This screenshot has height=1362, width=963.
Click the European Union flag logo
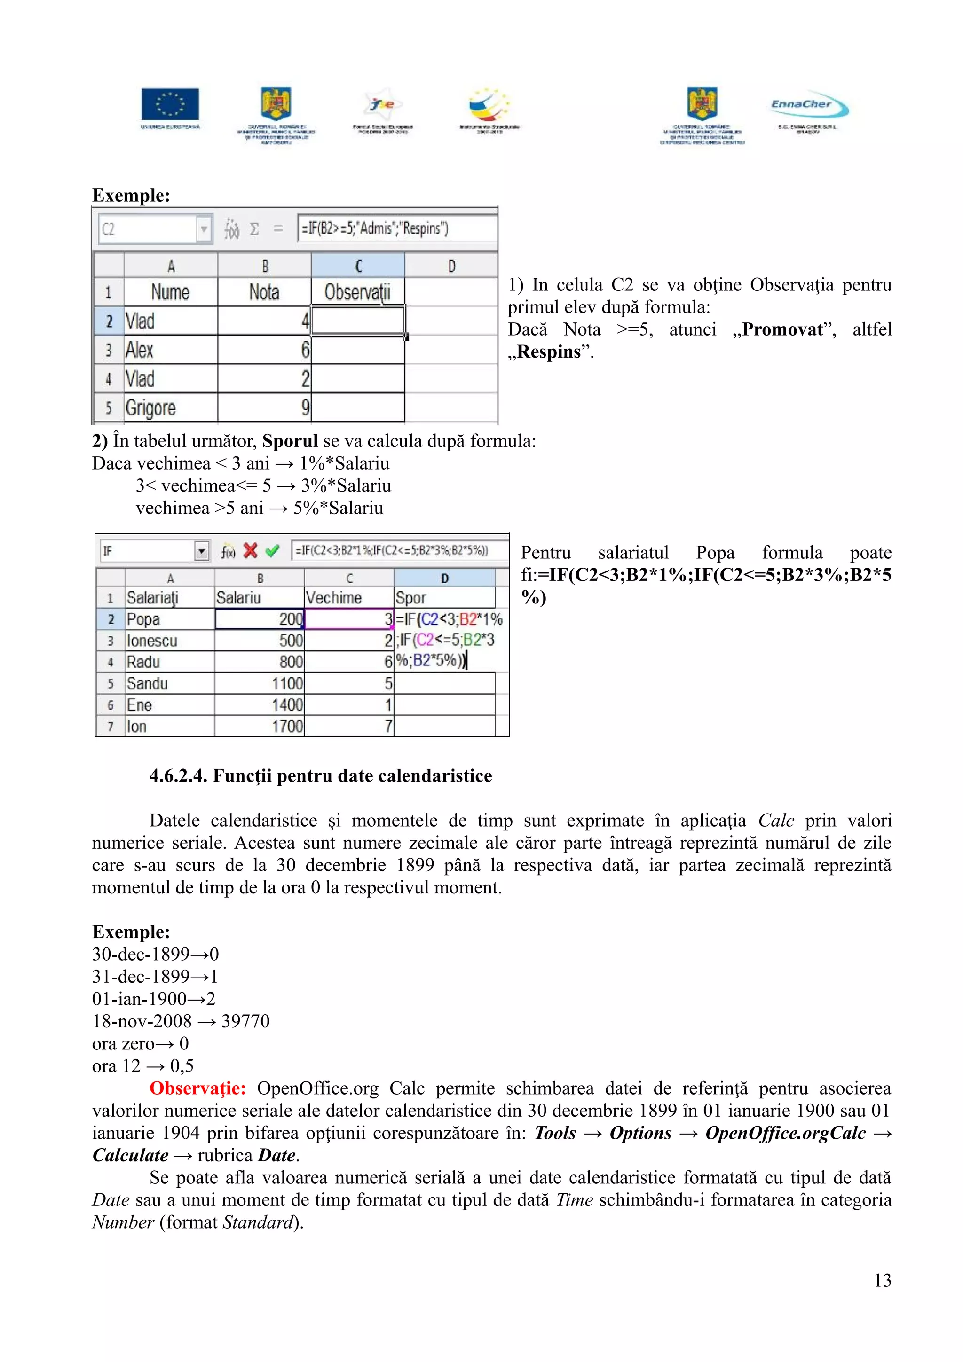pyautogui.click(x=170, y=104)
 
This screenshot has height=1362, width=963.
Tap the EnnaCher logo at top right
pyautogui.click(x=809, y=106)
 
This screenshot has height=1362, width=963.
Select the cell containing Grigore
pyautogui.click(x=170, y=407)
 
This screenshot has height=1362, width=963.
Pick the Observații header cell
pyautogui.click(x=357, y=292)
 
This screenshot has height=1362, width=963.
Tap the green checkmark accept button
pyautogui.click(x=272, y=551)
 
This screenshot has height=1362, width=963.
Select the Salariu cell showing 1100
pyautogui.click(x=259, y=683)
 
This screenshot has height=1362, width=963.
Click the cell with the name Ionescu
pyautogui.click(x=170, y=641)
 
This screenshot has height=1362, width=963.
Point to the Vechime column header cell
pyautogui.click(x=348, y=597)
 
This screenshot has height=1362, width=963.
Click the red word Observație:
pyautogui.click(x=197, y=1088)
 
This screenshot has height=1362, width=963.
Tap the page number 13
pyautogui.click(x=882, y=1280)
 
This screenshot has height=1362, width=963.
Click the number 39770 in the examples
pyautogui.click(x=245, y=1021)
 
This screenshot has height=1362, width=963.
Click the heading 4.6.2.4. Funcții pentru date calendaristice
pyautogui.click(x=320, y=775)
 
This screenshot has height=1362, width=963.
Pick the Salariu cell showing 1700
pyautogui.click(x=259, y=727)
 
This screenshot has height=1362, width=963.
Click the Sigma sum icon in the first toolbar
pyautogui.click(x=254, y=229)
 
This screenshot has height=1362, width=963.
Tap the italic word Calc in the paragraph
pyautogui.click(x=775, y=821)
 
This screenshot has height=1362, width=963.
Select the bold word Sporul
pyautogui.click(x=290, y=441)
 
